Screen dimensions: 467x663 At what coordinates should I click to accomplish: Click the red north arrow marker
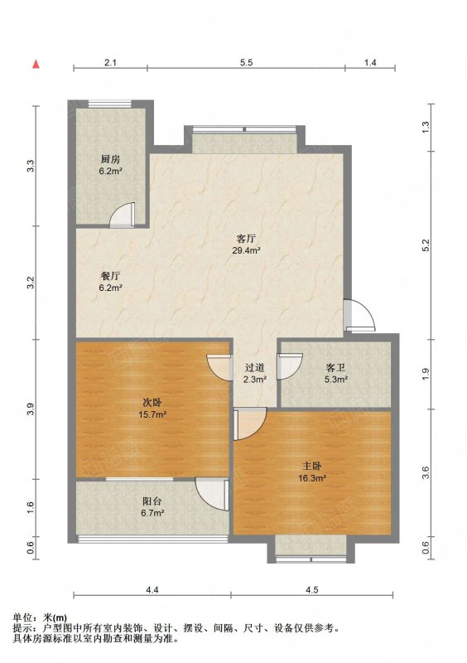[x=36, y=64]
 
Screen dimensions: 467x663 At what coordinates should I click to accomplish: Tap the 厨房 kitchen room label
[x=110, y=159]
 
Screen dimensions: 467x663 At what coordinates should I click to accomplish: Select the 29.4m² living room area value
[x=246, y=250]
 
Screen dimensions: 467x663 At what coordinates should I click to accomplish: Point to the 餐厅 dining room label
[x=111, y=276]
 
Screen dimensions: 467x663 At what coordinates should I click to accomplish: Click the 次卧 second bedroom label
[x=152, y=403]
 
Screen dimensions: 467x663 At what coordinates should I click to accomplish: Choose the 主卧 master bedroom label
[x=312, y=466]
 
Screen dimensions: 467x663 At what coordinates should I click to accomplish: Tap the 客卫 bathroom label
[x=335, y=367]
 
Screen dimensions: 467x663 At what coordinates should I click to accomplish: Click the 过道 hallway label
[x=255, y=367]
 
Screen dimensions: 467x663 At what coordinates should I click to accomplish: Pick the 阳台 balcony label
[x=152, y=501]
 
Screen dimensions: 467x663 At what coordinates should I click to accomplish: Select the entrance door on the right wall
[x=359, y=315]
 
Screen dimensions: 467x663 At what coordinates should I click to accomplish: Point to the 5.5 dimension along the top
[x=247, y=63]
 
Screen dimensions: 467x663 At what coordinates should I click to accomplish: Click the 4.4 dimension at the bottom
[x=152, y=589]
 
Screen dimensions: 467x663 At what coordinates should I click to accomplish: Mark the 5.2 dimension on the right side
[x=426, y=245]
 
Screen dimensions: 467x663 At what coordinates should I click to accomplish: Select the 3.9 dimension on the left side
[x=30, y=409]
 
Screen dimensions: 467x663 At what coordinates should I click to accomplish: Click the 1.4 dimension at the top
[x=370, y=63]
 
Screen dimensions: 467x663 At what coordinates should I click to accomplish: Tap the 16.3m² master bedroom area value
[x=312, y=478]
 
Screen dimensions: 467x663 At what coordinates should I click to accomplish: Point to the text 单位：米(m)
[x=40, y=617]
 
